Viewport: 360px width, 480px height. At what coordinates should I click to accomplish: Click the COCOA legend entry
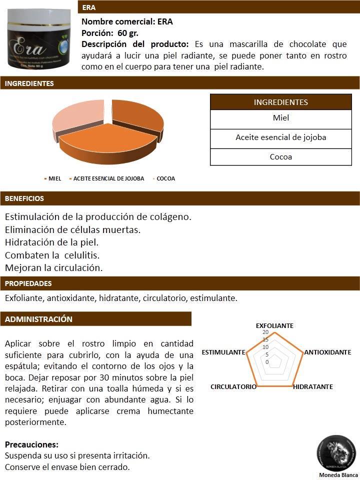click(165, 178)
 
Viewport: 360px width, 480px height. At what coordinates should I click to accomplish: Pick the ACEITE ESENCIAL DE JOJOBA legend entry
click(108, 178)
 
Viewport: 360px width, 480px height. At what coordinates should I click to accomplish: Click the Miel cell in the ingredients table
click(281, 118)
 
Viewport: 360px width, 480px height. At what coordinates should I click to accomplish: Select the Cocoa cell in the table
click(281, 156)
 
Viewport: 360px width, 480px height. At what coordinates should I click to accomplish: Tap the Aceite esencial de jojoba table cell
click(281, 137)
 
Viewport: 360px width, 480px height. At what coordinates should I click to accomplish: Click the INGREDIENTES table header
click(281, 102)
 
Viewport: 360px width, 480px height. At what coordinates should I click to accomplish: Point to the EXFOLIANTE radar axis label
click(274, 325)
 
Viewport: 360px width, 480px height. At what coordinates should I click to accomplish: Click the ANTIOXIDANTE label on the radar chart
click(327, 352)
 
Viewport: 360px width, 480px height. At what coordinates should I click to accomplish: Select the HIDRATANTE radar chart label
click(313, 387)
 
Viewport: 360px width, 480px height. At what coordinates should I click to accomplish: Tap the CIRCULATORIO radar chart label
click(233, 387)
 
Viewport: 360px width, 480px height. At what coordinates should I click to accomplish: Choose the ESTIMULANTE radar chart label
click(223, 352)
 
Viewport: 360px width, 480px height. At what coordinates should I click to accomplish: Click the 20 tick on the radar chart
click(265, 332)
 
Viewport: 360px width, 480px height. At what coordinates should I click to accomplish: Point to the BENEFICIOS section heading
click(24, 198)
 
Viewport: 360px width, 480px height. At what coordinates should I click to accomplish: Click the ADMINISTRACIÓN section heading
click(38, 319)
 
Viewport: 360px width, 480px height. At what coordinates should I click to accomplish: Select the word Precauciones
click(31, 444)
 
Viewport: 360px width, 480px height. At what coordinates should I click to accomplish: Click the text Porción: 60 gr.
click(110, 33)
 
